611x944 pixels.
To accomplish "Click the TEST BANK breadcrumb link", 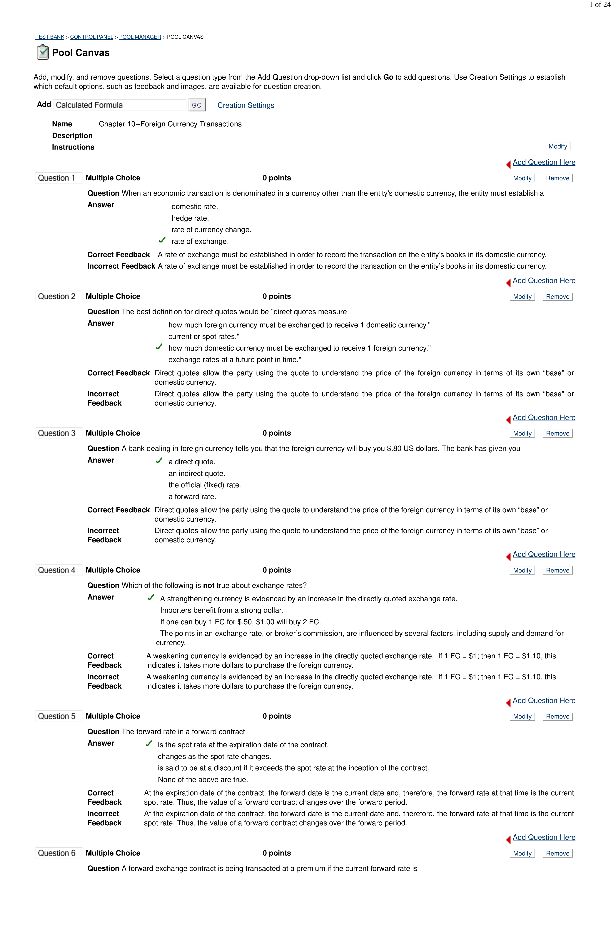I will coord(50,37).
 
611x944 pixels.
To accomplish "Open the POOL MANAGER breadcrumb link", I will coord(140,37).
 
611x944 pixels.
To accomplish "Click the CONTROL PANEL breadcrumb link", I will coord(92,37).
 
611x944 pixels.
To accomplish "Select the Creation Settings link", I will coord(246,105).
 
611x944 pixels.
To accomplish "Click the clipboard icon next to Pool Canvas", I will coord(42,52).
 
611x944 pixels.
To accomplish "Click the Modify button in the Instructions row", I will coord(557,146).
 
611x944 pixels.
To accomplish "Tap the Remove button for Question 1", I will coord(557,178).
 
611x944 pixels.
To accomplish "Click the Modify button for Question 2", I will coord(522,297).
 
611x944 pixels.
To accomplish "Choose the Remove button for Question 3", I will coord(557,433).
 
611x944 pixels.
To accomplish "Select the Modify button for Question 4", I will coord(522,570).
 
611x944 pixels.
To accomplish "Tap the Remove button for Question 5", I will coord(557,716).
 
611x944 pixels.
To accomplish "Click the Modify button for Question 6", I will coord(522,853).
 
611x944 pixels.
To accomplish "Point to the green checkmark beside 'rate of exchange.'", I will coord(162,240).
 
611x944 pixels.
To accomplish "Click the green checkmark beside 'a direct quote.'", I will coord(159,461).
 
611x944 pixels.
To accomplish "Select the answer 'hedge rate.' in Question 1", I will coord(190,218).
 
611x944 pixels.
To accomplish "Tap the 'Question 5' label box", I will coord(57,716).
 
